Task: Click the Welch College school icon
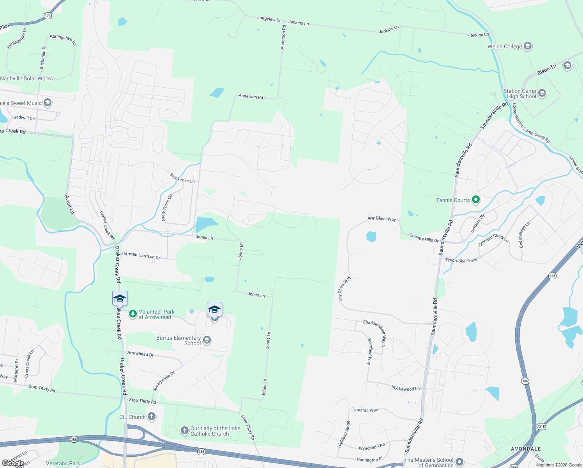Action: coord(528,46)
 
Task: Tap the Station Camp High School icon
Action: coord(542,94)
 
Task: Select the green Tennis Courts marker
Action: coord(475,200)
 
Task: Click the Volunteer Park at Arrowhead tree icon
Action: coord(133,314)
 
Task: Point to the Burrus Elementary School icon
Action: coord(207,340)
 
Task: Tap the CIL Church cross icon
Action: coord(152,417)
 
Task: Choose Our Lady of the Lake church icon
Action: coord(185,431)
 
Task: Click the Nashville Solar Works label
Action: coord(26,78)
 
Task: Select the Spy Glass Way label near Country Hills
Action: coord(382,219)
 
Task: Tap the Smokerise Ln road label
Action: coord(182,178)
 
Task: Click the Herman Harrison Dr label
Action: coord(141,255)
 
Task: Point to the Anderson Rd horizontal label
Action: coord(251,96)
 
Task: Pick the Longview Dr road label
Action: coord(269,19)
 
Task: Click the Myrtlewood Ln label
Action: coord(406,388)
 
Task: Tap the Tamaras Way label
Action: coord(365,410)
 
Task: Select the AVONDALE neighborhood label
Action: coord(526,449)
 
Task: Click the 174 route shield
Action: coord(48,16)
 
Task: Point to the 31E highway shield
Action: coord(542,427)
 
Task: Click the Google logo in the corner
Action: coord(13,463)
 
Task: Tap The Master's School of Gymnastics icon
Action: coord(459,462)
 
